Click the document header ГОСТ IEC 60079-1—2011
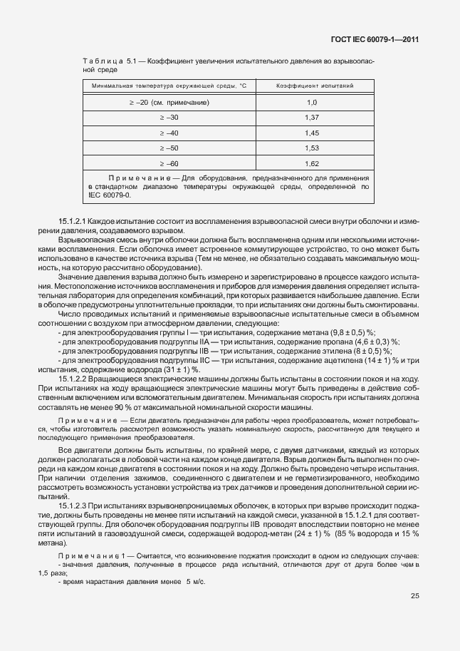377,40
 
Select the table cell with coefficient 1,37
311,117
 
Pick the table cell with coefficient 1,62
311,163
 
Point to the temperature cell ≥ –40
169,133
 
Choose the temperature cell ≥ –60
169,163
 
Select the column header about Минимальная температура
168,86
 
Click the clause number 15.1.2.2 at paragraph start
74,379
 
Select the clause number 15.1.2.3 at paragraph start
74,505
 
